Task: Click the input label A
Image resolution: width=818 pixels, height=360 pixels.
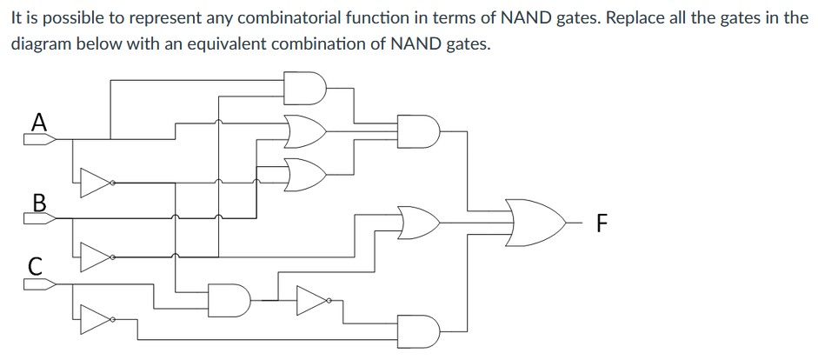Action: [38, 122]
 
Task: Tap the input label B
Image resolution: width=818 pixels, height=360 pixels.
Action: [38, 202]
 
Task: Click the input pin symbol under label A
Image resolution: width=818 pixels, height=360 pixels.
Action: [40, 139]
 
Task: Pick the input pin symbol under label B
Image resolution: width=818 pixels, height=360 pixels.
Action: [40, 218]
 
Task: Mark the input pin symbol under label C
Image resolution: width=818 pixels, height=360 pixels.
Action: [40, 283]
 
